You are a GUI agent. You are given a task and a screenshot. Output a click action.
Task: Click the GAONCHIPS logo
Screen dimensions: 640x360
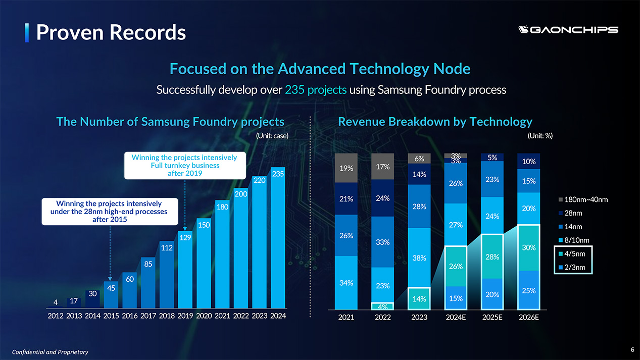tap(568, 30)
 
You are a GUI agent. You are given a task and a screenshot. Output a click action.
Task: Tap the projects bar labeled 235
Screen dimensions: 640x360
tap(278, 238)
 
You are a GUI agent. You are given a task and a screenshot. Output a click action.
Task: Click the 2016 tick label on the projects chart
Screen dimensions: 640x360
tap(130, 316)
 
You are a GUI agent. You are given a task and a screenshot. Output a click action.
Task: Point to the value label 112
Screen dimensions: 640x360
tap(167, 247)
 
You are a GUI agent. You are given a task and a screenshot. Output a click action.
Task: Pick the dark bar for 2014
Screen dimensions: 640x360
tap(92, 299)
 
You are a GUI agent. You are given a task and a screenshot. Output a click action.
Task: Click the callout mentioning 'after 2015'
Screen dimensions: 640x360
tap(110, 212)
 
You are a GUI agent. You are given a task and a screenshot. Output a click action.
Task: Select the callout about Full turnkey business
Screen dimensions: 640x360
tap(185, 166)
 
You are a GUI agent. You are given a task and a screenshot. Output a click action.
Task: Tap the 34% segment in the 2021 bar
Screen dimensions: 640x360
tap(346, 283)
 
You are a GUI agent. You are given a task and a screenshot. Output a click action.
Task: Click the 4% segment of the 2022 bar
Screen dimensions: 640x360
tap(382, 306)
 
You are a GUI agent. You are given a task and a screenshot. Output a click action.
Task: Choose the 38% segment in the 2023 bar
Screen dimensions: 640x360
tap(419, 258)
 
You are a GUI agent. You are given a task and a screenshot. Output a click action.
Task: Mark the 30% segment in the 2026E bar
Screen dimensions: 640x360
tap(528, 248)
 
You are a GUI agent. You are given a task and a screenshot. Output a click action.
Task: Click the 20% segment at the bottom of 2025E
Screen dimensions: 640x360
tap(493, 294)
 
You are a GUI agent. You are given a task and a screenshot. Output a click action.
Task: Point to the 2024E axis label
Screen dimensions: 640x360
tap(456, 317)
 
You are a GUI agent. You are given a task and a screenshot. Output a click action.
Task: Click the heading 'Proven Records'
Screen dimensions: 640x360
tap(111, 32)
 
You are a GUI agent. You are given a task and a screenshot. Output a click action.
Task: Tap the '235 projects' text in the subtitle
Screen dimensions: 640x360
tap(316, 90)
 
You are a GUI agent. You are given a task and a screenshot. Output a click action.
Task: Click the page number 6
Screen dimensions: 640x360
tap(632, 350)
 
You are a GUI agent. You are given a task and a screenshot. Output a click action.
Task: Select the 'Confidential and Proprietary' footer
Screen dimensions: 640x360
tap(50, 352)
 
